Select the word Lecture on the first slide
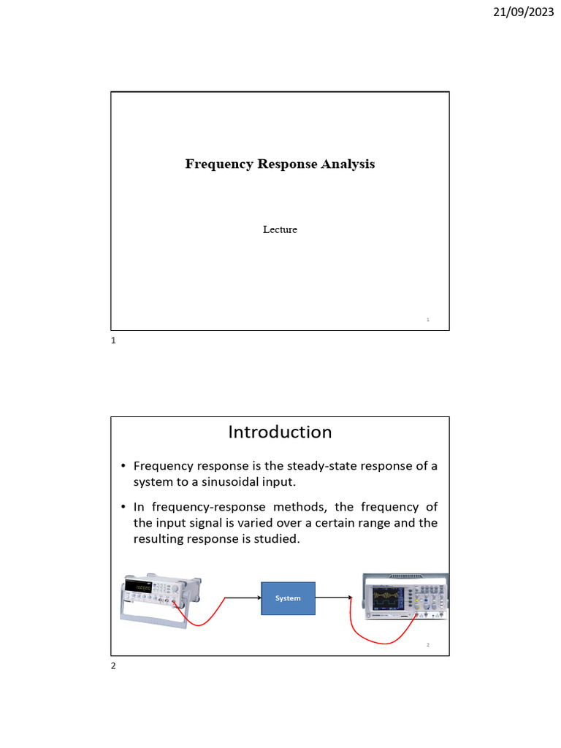point(280,229)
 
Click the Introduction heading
point(280,432)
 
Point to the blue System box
point(288,598)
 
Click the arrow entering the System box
point(241,598)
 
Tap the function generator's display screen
point(138,587)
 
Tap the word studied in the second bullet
point(277,539)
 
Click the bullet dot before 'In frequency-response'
point(123,507)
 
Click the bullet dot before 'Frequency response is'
point(123,466)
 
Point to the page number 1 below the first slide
point(113,341)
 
